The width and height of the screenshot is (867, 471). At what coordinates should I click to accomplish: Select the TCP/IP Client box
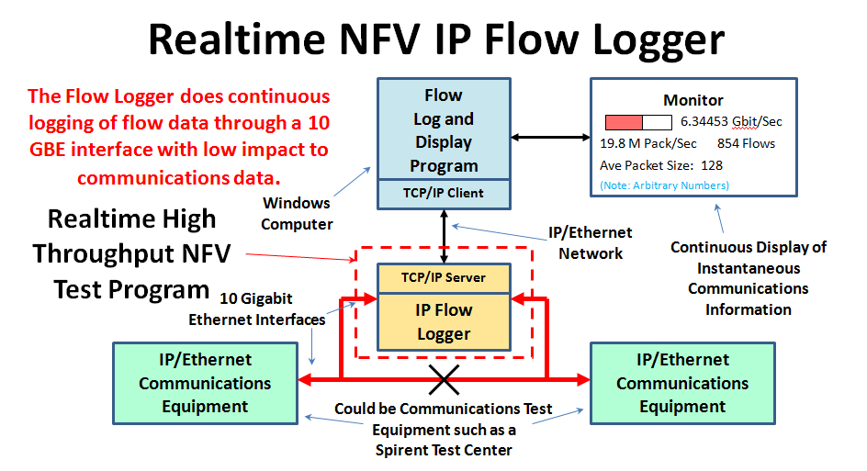[444, 194]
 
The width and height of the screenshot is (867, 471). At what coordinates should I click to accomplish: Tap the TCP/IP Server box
[444, 277]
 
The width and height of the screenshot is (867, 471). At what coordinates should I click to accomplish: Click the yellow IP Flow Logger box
[444, 322]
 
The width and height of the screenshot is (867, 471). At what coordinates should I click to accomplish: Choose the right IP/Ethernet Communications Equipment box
[682, 383]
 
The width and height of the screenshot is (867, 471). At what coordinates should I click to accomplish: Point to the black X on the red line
[445, 378]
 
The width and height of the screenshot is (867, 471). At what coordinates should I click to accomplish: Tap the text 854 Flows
[746, 143]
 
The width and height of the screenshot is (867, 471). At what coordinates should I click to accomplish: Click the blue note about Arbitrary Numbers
[665, 185]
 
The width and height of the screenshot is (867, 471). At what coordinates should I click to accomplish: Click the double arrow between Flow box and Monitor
[550, 138]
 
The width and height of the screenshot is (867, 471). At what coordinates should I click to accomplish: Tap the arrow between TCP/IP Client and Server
[444, 229]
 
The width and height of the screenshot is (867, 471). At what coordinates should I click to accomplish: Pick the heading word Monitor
[693, 100]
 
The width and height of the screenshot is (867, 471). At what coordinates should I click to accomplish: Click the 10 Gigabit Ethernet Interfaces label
[256, 308]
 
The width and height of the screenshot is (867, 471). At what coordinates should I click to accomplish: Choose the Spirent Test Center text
[444, 450]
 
